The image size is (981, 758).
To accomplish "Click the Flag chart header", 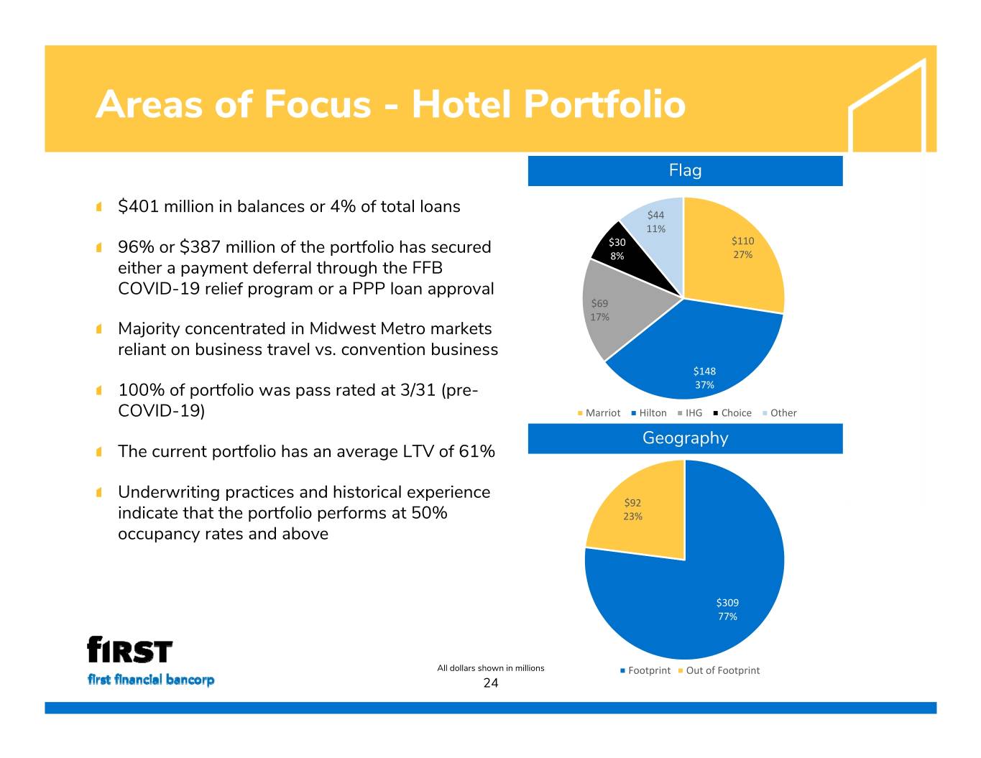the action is (x=685, y=170).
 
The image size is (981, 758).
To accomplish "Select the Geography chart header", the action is (x=685, y=438).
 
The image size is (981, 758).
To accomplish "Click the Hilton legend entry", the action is (x=649, y=413).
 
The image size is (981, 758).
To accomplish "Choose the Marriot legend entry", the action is (x=599, y=413).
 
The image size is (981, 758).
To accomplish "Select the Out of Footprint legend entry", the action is (x=719, y=670).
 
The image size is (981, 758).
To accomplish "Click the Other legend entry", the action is (x=780, y=413).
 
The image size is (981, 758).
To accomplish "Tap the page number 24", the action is (x=491, y=683).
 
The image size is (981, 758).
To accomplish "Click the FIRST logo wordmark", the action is (x=129, y=650).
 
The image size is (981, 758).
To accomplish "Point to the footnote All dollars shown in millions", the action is (x=491, y=668).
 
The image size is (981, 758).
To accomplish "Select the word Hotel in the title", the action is (x=461, y=104).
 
